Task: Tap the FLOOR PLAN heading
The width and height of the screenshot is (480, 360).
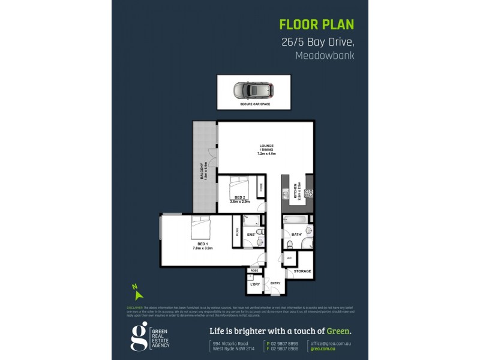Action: (x=317, y=25)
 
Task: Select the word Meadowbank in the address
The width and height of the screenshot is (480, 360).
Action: (x=325, y=56)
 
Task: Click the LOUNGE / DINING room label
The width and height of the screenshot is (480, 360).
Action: (x=266, y=148)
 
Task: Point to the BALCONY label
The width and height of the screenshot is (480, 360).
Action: (x=202, y=173)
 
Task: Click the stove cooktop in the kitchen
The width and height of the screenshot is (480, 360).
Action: (x=309, y=194)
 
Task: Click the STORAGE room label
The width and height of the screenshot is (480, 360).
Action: (x=302, y=271)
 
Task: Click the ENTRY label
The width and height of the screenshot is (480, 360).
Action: (x=275, y=283)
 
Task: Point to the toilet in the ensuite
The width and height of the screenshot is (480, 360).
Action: (x=259, y=233)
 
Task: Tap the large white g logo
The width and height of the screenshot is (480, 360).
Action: (x=139, y=337)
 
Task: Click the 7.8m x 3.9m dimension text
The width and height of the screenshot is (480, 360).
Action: (x=203, y=248)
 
